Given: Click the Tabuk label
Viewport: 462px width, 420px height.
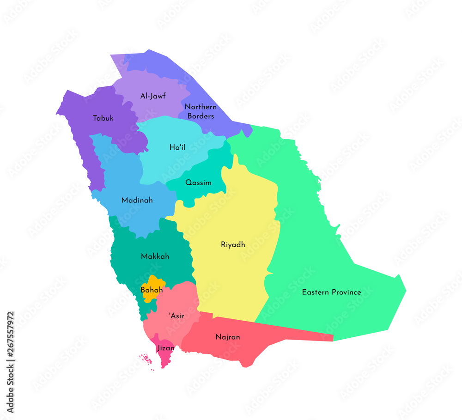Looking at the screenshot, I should tap(103, 118).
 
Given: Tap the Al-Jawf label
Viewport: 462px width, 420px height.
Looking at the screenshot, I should tap(153, 96).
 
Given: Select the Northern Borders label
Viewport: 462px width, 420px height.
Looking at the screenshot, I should tap(201, 111).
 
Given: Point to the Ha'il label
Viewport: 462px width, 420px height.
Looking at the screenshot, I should tap(177, 147).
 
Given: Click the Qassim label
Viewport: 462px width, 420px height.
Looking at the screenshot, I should tap(198, 183).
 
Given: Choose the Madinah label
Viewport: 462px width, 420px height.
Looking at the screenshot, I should tap(137, 201).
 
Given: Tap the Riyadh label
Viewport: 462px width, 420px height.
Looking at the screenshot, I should tap(233, 244).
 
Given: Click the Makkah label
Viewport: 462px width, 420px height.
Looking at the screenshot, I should tap(155, 256).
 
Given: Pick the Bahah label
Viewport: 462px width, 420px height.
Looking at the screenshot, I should tap(152, 291).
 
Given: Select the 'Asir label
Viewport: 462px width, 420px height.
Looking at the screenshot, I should tap(176, 316).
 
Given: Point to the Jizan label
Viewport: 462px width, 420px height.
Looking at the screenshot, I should tap(165, 348).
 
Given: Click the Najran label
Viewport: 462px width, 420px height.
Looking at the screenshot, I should tap(227, 337).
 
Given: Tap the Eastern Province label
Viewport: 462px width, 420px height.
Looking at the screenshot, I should tap(331, 292).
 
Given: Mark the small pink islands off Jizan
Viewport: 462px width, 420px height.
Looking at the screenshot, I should tap(146, 359).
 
